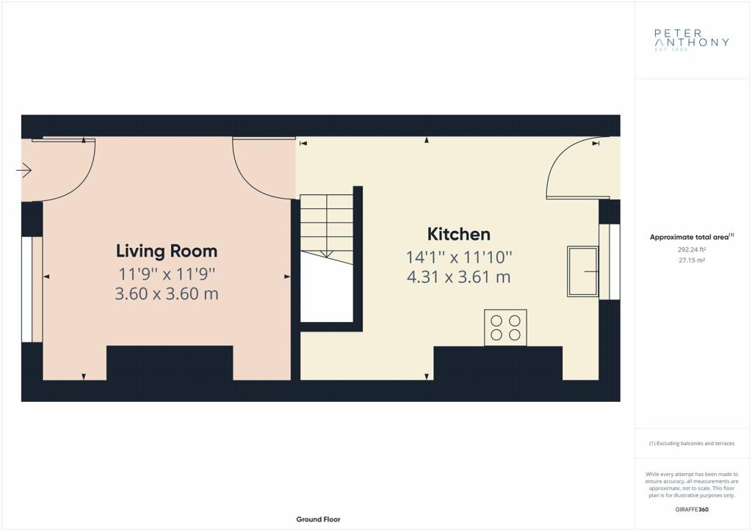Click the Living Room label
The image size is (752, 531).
(x=167, y=251)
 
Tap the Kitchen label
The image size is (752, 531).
(x=458, y=234)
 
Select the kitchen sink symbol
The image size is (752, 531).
(x=582, y=271)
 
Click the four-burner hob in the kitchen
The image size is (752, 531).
(x=505, y=328)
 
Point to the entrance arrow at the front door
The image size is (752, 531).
(x=23, y=170)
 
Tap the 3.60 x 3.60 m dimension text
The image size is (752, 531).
(x=167, y=293)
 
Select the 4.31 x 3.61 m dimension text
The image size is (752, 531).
(x=458, y=277)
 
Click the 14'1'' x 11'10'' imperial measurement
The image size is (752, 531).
(x=459, y=257)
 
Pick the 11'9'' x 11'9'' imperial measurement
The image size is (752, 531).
(x=167, y=274)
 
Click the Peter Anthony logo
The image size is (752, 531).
(x=692, y=40)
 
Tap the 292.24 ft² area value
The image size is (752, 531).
(x=692, y=249)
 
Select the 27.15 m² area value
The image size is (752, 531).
(x=692, y=260)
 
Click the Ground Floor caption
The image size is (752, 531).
(x=319, y=519)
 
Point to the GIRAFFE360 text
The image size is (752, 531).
(x=692, y=510)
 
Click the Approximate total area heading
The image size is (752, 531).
(x=692, y=237)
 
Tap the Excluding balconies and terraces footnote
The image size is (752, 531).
(x=692, y=444)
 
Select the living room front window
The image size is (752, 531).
(x=27, y=289)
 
